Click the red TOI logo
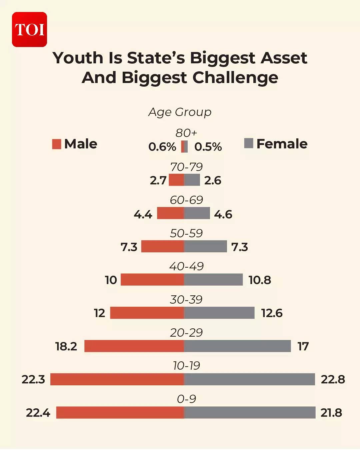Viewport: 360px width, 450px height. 29,29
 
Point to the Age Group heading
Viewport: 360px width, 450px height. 180,112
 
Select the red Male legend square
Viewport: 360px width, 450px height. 57,144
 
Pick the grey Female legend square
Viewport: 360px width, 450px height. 249,143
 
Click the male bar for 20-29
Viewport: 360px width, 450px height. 134,346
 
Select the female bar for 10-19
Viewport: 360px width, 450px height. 249,379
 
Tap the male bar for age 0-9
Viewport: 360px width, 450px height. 120,412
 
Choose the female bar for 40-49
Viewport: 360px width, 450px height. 213,280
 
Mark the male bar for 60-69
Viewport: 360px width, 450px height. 170,213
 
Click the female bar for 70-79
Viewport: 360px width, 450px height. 192,180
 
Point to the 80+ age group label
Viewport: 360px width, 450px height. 186,133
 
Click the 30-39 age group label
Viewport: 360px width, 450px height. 186,299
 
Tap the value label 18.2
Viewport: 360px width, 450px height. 66,346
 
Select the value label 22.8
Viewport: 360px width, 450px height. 333,379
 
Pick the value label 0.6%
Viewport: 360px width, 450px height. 162,147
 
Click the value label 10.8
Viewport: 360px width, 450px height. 260,280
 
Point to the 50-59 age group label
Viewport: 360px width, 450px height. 186,233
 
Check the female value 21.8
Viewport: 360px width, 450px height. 331,413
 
